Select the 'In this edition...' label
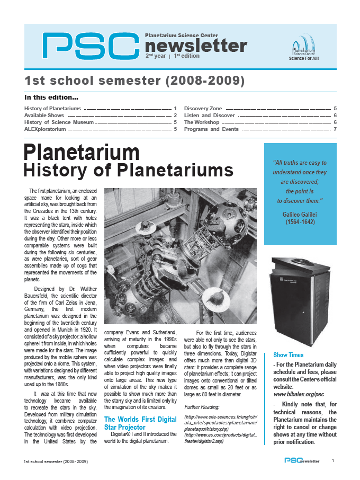click(x=51, y=97)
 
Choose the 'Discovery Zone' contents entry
click(x=203, y=108)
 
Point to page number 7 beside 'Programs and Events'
click(x=335, y=129)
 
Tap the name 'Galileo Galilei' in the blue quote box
click(x=299, y=214)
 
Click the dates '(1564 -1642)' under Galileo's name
click(x=299, y=222)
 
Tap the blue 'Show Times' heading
click(x=288, y=354)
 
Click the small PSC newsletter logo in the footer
click(x=302, y=461)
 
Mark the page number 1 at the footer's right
click(x=333, y=461)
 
